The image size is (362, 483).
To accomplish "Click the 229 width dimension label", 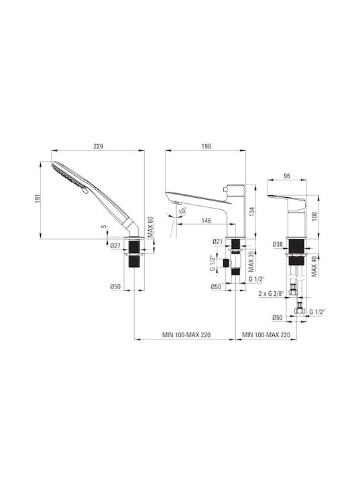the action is coord(98,146).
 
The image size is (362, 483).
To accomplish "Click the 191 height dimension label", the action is coord(38,199).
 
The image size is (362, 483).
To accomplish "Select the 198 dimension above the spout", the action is coord(206,146).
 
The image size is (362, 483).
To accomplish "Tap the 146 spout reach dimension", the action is coord(206,220).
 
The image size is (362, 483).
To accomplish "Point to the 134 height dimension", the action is coord(252,211).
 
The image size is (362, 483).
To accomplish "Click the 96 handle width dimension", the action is coord(287,176).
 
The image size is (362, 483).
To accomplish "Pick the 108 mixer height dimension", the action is coord(314,217).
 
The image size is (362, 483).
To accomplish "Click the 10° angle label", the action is coord(182,211).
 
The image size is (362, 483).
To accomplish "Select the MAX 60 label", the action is coord(150,227).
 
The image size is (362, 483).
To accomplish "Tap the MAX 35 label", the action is coord(251,262).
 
